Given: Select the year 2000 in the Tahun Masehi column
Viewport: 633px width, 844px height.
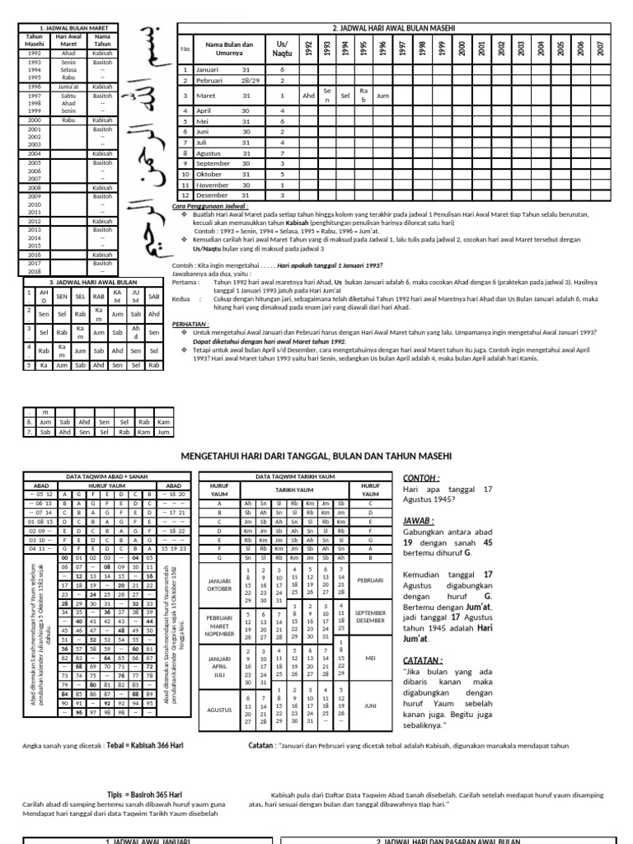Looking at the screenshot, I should point(35,120).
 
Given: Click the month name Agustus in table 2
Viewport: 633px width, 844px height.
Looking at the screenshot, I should point(210,152).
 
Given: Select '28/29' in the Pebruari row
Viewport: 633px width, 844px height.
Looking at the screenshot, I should point(251,81).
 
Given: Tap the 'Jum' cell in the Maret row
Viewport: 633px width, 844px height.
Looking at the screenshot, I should point(382,96).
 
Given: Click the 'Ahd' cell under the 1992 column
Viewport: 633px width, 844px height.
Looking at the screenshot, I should point(308,96).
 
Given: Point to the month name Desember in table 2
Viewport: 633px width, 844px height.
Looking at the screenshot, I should point(213,195).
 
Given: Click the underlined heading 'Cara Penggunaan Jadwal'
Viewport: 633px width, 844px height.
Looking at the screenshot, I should point(209,205).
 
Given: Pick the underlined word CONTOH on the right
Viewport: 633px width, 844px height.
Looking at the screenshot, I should point(421,478).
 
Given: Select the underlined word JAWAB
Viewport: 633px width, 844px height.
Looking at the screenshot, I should point(420,521).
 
